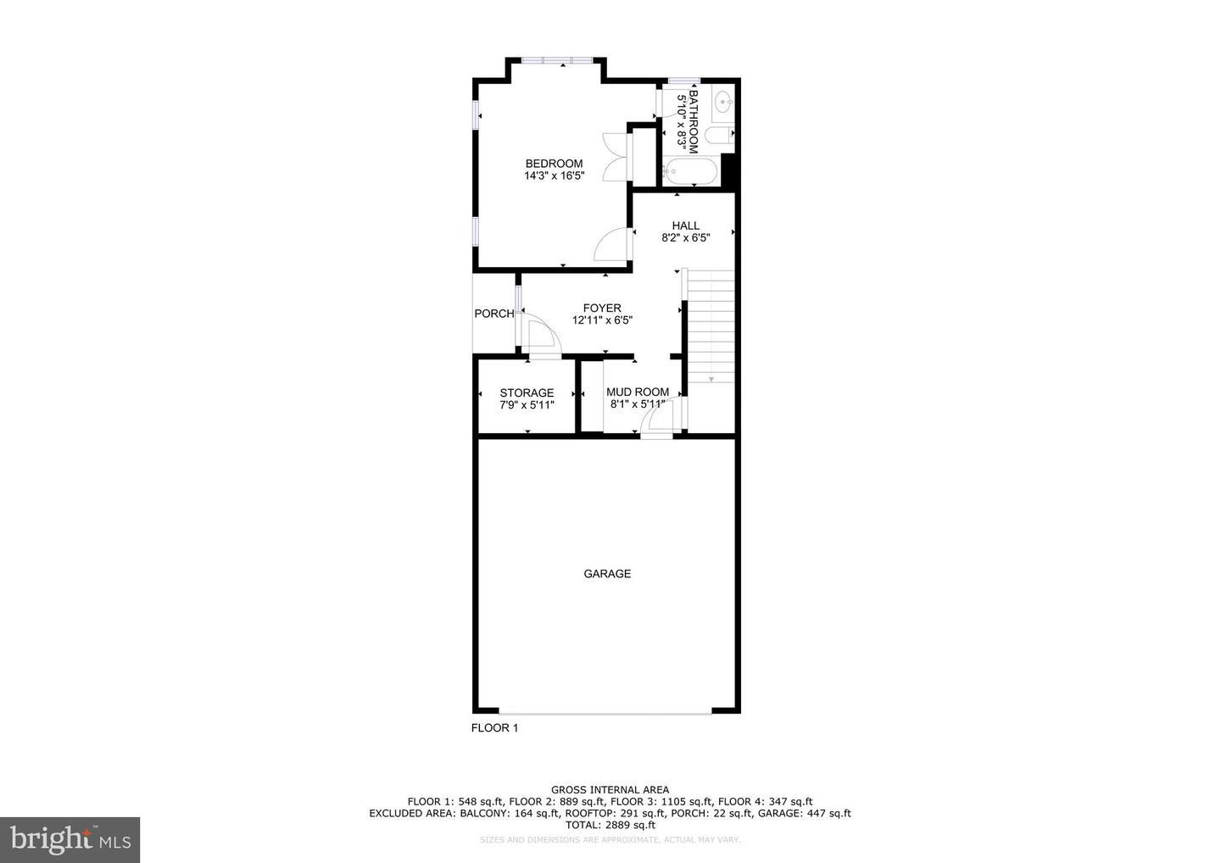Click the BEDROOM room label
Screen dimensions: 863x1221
(554, 164)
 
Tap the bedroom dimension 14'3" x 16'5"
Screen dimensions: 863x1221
(554, 176)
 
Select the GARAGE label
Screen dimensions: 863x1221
(607, 574)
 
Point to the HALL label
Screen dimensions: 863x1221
(686, 225)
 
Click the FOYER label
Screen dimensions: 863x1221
(602, 308)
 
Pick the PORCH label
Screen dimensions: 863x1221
(493, 314)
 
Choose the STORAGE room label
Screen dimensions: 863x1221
(527, 393)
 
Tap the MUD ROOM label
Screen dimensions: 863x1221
(638, 392)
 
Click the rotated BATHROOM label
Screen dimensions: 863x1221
(694, 123)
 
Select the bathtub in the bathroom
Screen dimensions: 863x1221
(690, 172)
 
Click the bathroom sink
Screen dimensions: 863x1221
(723, 103)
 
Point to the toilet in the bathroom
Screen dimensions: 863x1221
(721, 136)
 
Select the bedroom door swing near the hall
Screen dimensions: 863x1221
(611, 247)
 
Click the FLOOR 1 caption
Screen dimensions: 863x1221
(494, 728)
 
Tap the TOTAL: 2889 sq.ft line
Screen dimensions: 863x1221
(610, 825)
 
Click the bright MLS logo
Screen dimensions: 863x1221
(70, 840)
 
